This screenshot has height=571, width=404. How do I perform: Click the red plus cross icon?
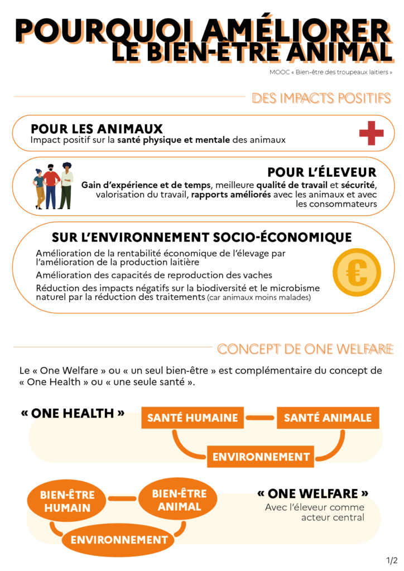tap(372, 134)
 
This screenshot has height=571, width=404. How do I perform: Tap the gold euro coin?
tap(357, 273)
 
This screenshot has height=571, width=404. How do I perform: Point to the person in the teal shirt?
tap(39, 188)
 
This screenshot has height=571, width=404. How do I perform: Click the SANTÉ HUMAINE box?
tap(193, 418)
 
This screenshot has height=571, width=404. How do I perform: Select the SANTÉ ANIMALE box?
tap(328, 418)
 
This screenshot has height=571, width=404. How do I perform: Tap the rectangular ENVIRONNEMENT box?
tap(261, 457)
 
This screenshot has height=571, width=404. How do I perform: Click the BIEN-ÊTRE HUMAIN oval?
tap(68, 501)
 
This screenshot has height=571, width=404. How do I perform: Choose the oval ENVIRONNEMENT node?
tap(119, 540)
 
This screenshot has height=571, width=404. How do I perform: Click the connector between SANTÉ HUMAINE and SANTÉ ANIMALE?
tap(260, 417)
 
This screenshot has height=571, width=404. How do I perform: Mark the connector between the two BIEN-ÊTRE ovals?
tap(122, 498)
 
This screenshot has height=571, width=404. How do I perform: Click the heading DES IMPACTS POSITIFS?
tap(321, 99)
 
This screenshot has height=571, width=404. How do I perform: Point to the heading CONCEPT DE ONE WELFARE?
tap(305, 350)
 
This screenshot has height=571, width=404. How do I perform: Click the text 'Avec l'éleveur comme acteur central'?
tap(315, 512)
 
